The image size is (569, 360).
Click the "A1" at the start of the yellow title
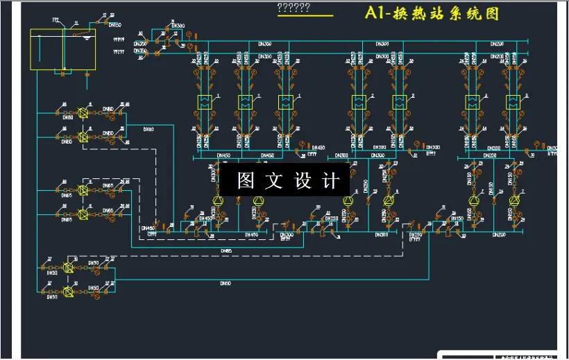pyautogui.click(x=376, y=14)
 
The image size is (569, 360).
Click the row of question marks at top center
pyautogui.click(x=293, y=8)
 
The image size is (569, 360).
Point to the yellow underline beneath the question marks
pyautogui.click(x=305, y=16)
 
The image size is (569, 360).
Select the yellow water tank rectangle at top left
pyautogui.click(x=63, y=49)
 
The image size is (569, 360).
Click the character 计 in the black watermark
pyautogui.click(x=331, y=181)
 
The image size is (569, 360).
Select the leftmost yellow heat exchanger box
pyautogui.click(x=205, y=102)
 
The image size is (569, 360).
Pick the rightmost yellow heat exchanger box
pyautogui.click(x=513, y=102)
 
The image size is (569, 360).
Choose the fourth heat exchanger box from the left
pyautogui.click(x=359, y=102)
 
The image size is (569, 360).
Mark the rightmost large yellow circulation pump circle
pyautogui.click(x=514, y=200)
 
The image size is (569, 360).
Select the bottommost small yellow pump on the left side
pyautogui.click(x=68, y=291)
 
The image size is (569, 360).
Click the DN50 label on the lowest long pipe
pyautogui.click(x=225, y=283)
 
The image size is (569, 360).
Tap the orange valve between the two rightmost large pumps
pyautogui.click(x=493, y=201)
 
